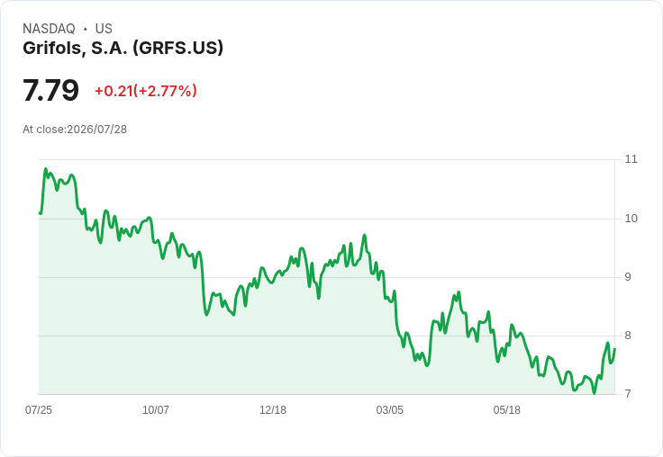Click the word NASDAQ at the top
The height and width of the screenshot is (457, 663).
click(x=49, y=29)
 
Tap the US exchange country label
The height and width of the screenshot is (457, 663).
click(x=104, y=29)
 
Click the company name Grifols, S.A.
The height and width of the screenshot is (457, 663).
click(x=76, y=49)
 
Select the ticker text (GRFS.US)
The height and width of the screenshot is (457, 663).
click(x=177, y=49)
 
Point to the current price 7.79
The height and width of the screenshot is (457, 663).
click(x=50, y=90)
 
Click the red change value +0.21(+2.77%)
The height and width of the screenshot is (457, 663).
click(x=146, y=91)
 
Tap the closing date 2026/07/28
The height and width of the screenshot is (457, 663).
click(x=96, y=130)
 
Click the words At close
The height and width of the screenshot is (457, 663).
click(x=43, y=130)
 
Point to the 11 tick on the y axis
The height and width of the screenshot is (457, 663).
click(x=631, y=159)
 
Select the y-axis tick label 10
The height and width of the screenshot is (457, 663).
click(x=631, y=219)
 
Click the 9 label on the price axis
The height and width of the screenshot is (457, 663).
click(x=628, y=277)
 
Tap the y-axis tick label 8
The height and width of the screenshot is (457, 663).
click(x=628, y=336)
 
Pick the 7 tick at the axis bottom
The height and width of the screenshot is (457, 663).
click(x=628, y=394)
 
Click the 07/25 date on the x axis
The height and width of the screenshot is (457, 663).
click(x=39, y=410)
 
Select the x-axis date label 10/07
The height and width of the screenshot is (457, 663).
click(x=156, y=410)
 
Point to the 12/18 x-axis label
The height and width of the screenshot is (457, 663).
click(x=273, y=410)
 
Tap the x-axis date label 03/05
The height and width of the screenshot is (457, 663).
click(x=389, y=410)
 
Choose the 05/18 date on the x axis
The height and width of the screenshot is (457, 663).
click(x=506, y=410)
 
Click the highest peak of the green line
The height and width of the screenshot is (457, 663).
click(x=46, y=169)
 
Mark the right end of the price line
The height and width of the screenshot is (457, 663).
click(x=614, y=349)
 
